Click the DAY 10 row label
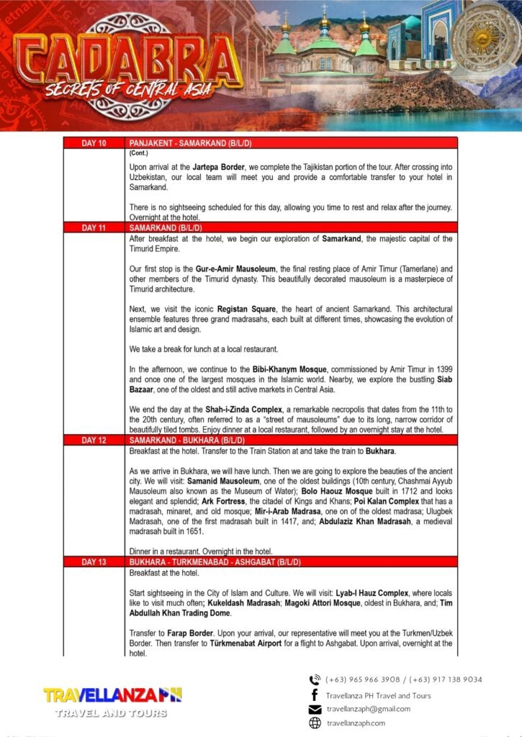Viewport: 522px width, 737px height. pos(94,143)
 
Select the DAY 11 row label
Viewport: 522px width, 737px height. pos(94,227)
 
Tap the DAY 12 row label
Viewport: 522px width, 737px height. pos(94,439)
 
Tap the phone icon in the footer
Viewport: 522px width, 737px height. pos(315,679)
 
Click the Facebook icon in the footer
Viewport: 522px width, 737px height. pos(315,695)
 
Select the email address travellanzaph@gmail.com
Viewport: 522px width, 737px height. pos(368,709)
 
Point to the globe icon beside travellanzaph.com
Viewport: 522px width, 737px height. pos(315,723)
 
